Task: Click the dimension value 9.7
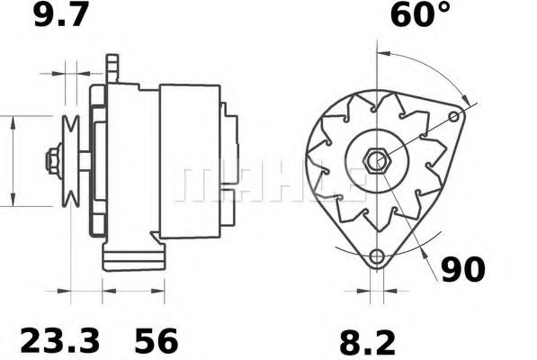[x=62, y=15]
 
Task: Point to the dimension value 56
[x=157, y=341]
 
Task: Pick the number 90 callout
[x=463, y=269]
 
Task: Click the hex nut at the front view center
[x=376, y=163]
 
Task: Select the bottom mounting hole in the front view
[x=376, y=256]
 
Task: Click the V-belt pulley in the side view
[x=71, y=162]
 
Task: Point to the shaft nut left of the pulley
[x=53, y=162]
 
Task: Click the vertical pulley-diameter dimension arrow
[x=13, y=162]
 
